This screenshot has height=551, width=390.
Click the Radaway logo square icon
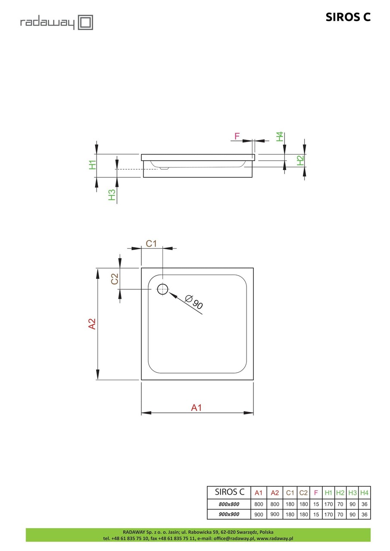coord(85,22)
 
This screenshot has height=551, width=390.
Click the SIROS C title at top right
coord(348,17)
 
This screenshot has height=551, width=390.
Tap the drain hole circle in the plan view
coord(162,289)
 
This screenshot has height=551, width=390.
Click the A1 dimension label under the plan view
coord(197,407)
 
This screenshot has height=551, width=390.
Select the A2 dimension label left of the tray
coord(92,324)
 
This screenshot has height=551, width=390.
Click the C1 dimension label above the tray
coord(151,244)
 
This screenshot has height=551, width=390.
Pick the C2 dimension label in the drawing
coord(115,279)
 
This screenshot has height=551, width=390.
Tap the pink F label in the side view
coord(237,136)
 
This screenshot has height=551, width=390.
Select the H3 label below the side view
coord(112,195)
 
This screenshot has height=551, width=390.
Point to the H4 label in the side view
coord(280,137)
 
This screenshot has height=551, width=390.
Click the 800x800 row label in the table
coord(229,504)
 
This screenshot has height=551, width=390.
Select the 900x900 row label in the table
coord(229,514)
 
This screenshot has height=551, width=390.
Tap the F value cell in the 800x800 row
coord(316,504)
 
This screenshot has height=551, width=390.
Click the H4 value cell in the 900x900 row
coord(364,514)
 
